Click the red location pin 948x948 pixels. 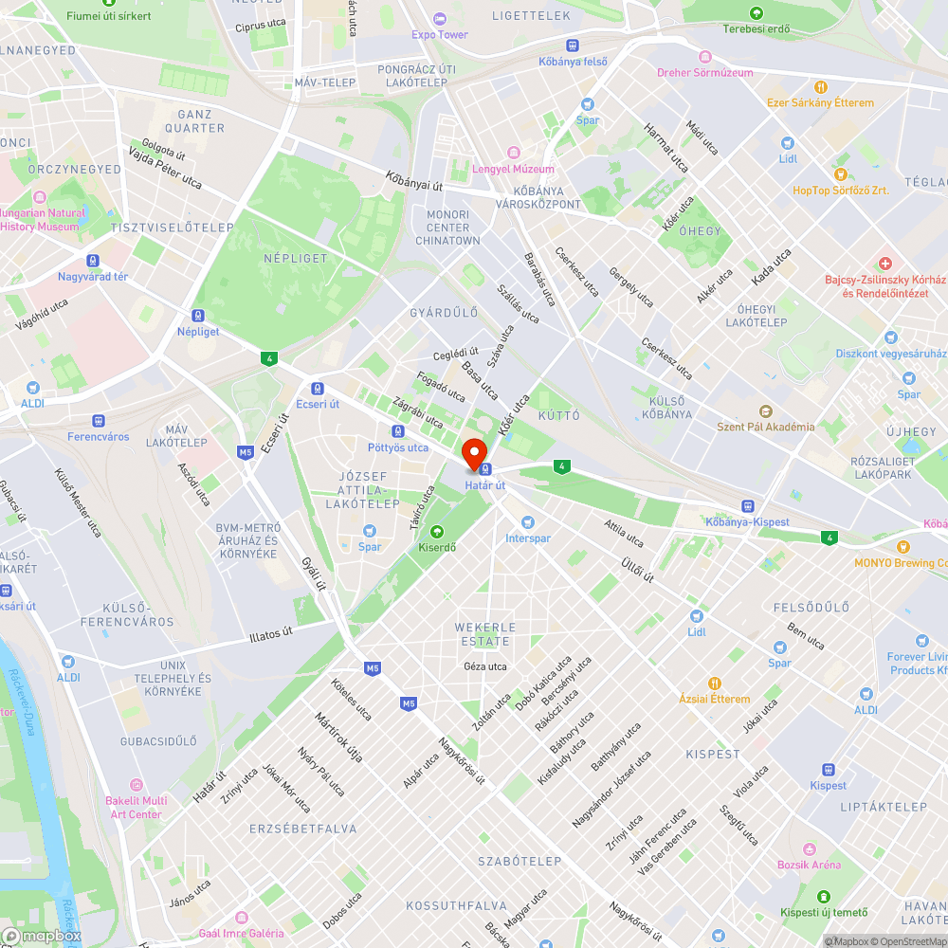click(473, 451)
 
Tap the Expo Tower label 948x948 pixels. click(440, 35)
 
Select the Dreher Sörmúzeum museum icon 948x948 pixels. click(703, 57)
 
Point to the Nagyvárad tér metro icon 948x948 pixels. click(93, 261)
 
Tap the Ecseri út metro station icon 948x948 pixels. click(317, 388)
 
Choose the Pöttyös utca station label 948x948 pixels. click(397, 447)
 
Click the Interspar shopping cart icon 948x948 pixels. click(528, 522)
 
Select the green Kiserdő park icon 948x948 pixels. click(437, 531)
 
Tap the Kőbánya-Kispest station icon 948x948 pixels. click(748, 506)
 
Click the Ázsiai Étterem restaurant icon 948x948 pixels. click(716, 683)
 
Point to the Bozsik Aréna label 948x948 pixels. click(809, 865)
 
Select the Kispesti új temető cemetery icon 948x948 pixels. click(823, 896)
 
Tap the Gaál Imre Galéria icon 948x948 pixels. click(241, 918)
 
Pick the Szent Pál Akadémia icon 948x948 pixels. click(766, 411)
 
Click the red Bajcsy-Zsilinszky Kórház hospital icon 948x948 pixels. click(884, 263)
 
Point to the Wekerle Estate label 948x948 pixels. click(484, 634)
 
